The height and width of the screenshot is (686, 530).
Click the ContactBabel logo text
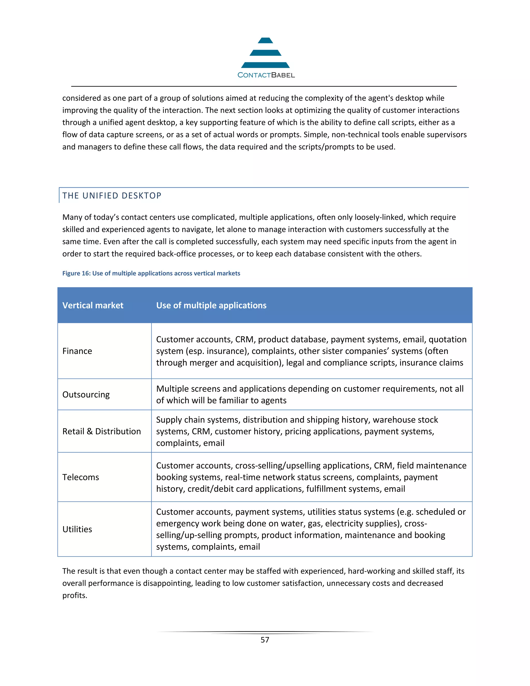tap(266, 75)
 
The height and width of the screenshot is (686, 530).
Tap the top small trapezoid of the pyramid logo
tap(265, 41)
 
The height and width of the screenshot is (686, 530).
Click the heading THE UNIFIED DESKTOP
tap(112, 196)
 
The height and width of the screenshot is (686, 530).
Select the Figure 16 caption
tap(151, 273)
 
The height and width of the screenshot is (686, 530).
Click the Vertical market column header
tap(93, 305)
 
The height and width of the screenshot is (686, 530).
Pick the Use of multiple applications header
tap(211, 305)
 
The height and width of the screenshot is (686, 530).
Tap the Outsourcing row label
tap(86, 395)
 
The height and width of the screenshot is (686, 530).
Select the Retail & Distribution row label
tap(101, 431)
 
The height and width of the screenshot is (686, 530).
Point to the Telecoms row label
tap(80, 477)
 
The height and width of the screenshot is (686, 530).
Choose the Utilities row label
tap(77, 529)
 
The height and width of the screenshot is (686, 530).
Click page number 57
tap(265, 640)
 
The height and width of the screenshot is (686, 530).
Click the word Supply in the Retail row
tap(169, 420)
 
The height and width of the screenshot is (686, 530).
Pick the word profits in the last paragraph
tap(75, 596)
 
